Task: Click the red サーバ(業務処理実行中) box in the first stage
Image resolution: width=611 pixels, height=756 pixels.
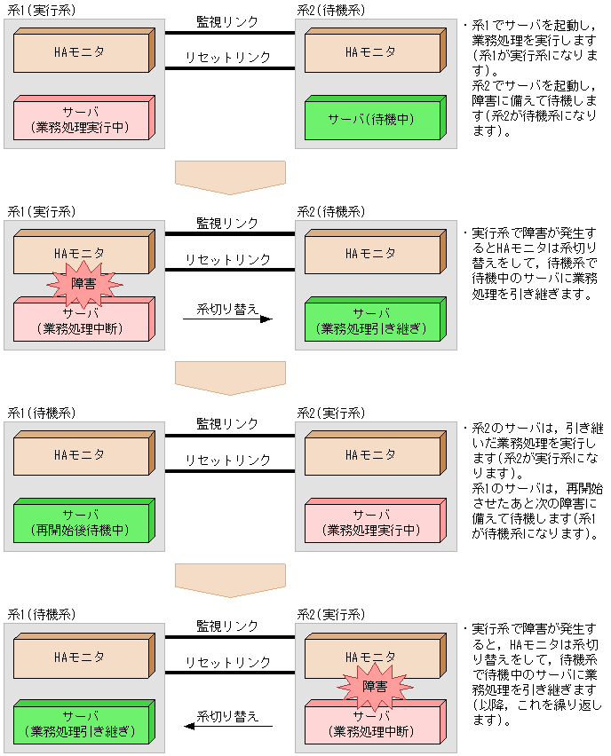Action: [x=81, y=120]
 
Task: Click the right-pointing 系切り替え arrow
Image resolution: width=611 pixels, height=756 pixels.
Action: [x=227, y=318]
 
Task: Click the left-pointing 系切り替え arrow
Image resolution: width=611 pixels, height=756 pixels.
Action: [x=227, y=724]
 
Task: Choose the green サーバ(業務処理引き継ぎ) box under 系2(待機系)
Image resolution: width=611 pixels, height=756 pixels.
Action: [x=370, y=321]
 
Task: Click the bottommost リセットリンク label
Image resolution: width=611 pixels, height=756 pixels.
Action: [x=227, y=661]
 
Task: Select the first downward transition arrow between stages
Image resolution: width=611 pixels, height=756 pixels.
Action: [x=230, y=177]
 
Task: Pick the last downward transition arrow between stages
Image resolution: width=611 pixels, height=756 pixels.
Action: [x=230, y=579]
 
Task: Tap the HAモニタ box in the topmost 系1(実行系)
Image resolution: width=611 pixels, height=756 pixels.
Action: [x=81, y=52]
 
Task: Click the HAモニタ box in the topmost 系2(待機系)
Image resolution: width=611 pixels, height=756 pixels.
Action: [x=370, y=52]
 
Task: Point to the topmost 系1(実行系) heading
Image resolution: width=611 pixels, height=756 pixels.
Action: [x=42, y=12]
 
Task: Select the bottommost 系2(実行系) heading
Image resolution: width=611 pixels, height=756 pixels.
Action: [x=330, y=614]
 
